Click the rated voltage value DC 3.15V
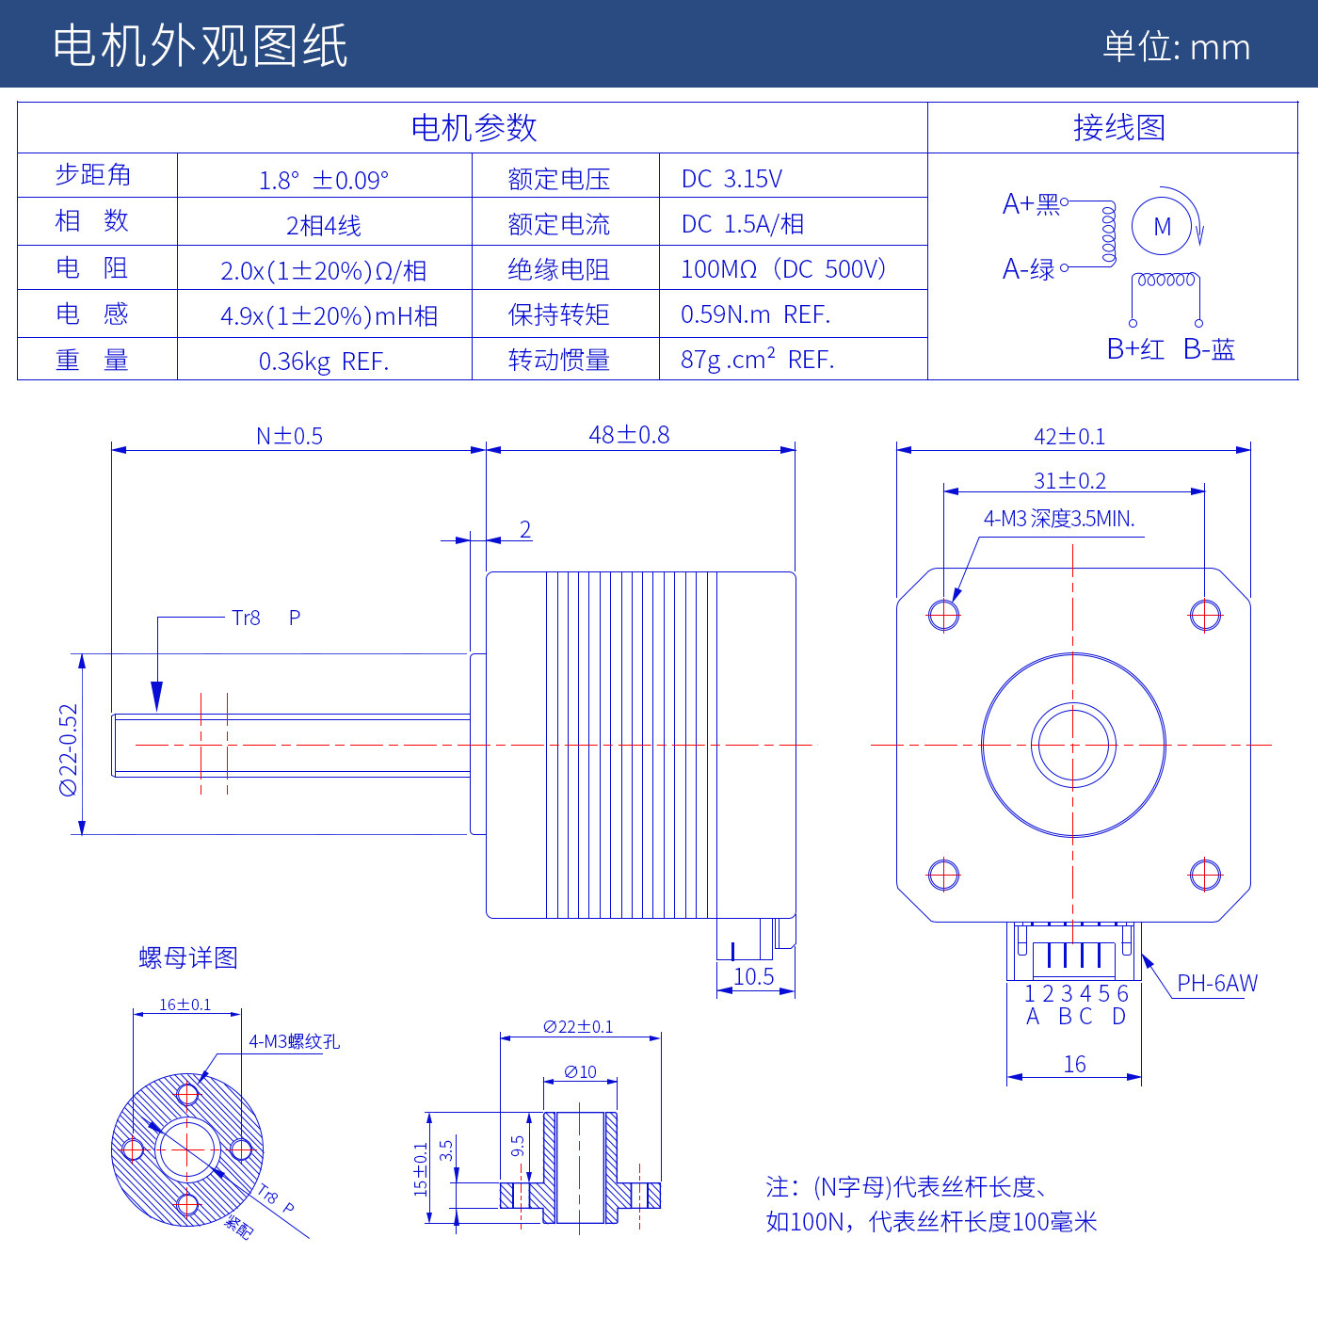(x=731, y=179)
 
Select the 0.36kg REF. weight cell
(x=323, y=362)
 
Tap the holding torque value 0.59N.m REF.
(x=755, y=314)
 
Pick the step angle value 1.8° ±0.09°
(x=323, y=180)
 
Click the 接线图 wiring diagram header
(x=1118, y=127)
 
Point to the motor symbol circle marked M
(x=1162, y=226)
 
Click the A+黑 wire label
(x=1031, y=204)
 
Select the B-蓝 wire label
(x=1209, y=349)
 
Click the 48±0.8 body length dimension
(x=629, y=435)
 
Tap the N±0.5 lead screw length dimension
(x=289, y=436)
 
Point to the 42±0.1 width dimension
(x=1069, y=436)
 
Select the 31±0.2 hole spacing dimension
(x=1069, y=480)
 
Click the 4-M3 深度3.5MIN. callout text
(x=1059, y=519)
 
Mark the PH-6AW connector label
(x=1216, y=984)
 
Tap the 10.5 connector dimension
(x=753, y=977)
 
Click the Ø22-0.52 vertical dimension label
(x=69, y=749)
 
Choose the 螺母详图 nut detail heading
(x=188, y=957)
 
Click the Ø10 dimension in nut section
(x=580, y=1071)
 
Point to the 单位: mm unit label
(x=1176, y=47)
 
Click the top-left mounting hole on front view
(x=943, y=615)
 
